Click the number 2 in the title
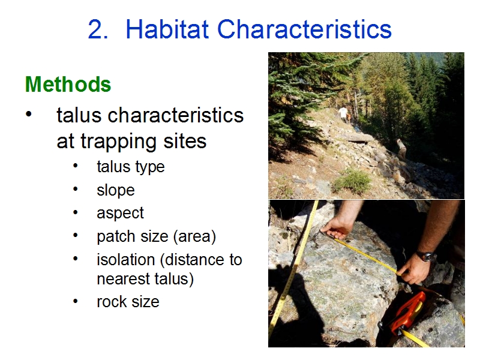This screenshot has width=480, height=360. tap(98, 29)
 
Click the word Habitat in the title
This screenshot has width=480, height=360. tap(167, 29)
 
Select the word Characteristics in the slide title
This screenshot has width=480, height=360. tap(304, 29)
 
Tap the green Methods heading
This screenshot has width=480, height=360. tap(68, 84)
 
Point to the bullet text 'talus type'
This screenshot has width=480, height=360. tap(131, 167)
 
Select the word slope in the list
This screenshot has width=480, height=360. tap(116, 190)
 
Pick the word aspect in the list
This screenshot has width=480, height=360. tap(120, 214)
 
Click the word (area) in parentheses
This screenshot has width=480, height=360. tap(194, 236)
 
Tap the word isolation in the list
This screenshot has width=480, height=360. tap(126, 260)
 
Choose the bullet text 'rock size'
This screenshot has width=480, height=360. tap(128, 302)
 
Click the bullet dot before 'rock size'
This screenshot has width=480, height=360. tap(76, 301)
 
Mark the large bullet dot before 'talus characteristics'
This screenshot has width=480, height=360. tap(28, 114)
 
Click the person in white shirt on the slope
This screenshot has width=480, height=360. tap(343, 114)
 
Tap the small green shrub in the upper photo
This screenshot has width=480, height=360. tap(352, 181)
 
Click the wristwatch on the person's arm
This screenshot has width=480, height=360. tap(426, 256)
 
